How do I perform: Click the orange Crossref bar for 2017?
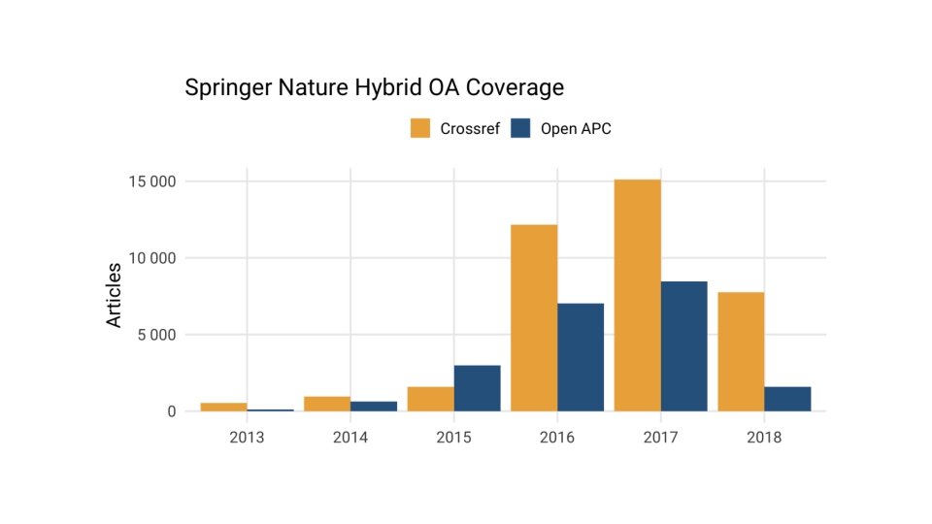(637, 295)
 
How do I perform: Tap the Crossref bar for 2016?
(534, 318)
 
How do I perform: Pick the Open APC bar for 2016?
(581, 357)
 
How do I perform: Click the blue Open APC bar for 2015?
(477, 388)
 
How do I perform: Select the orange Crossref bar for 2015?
(430, 399)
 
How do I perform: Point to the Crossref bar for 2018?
(741, 351)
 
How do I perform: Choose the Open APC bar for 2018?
(787, 399)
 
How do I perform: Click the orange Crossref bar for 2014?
(327, 404)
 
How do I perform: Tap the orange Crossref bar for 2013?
(223, 407)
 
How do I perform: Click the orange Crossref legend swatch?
(420, 128)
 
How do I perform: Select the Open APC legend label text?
(576, 128)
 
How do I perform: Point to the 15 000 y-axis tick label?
(149, 181)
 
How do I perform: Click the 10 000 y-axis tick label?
(149, 258)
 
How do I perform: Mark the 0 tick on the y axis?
(171, 411)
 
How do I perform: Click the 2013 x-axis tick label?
(247, 438)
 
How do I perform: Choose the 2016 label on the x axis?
(557, 438)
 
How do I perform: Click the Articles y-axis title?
(115, 294)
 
